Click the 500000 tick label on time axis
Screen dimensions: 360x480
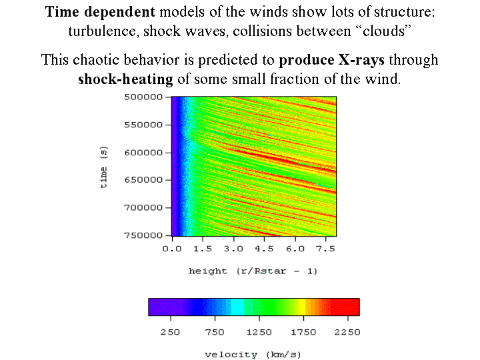(x=144, y=97)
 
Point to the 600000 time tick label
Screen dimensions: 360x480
(x=144, y=152)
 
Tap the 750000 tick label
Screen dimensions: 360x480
(x=144, y=235)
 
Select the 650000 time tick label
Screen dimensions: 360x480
(x=144, y=179)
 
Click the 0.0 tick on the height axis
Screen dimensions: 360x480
(x=172, y=248)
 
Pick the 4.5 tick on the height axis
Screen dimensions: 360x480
(x=264, y=248)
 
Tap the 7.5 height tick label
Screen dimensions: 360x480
(x=326, y=248)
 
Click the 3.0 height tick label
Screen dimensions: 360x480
(x=233, y=248)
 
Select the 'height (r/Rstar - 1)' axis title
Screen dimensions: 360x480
(x=253, y=271)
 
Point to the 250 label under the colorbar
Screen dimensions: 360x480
(x=171, y=331)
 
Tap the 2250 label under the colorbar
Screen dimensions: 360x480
(x=346, y=331)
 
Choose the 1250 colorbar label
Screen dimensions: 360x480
(x=259, y=331)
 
